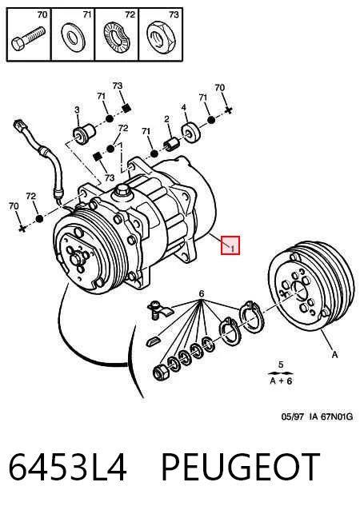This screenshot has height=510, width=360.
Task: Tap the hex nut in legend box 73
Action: click(161, 38)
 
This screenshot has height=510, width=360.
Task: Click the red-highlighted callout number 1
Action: click(232, 249)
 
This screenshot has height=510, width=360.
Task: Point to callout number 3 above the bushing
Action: click(77, 110)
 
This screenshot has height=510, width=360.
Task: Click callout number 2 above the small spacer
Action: click(166, 119)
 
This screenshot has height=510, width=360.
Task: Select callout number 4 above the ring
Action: click(184, 107)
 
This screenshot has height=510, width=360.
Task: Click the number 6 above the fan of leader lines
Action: click(202, 293)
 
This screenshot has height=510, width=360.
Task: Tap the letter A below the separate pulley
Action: click(334, 355)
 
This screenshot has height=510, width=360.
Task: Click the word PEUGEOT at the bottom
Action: click(240, 467)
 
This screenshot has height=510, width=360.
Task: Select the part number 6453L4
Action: click(67, 467)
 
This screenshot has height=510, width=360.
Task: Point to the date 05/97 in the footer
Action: click(292, 416)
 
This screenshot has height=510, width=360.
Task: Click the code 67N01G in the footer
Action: click(337, 416)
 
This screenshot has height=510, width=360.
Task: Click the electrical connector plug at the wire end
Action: click(19, 126)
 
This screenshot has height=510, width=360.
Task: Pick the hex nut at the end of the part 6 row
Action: click(160, 372)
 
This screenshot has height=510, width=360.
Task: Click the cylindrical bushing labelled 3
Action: click(84, 133)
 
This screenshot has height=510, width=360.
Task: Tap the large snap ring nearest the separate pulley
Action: click(252, 317)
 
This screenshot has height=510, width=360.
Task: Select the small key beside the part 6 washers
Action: click(153, 341)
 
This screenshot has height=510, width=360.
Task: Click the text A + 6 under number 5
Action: click(281, 381)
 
